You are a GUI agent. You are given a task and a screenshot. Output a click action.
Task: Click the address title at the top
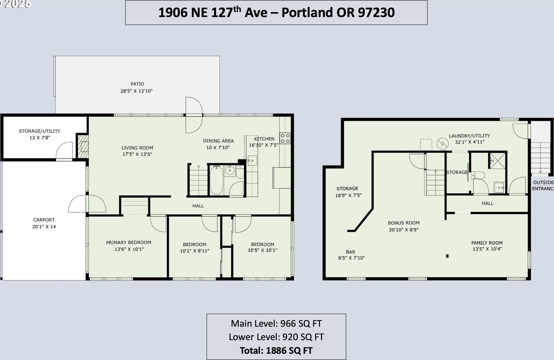point(276,13)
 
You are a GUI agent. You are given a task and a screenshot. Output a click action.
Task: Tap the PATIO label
point(137,84)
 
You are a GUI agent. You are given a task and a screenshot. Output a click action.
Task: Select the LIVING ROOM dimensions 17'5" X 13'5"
point(137,154)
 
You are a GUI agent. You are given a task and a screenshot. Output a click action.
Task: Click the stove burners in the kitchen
point(285,138)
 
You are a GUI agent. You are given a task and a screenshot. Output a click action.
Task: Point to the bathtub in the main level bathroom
point(216,180)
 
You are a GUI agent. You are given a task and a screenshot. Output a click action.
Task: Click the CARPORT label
point(44,220)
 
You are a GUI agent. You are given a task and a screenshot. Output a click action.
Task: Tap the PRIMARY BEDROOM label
point(129,242)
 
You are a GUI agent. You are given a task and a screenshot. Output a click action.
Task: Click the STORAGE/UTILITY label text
point(39,131)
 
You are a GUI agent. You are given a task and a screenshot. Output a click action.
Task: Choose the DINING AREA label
point(219,141)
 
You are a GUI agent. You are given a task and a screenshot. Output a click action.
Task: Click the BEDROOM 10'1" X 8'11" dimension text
point(195,251)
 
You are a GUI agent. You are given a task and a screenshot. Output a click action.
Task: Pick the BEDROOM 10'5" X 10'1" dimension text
point(262,250)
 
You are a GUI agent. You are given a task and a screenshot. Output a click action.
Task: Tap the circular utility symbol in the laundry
point(442,144)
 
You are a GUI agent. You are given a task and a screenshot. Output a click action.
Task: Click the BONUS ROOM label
point(404,223)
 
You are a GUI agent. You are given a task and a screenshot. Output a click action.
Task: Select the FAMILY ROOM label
point(487,243)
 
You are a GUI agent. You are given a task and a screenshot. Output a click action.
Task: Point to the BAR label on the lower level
point(350,252)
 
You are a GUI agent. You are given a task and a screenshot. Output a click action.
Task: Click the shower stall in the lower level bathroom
point(497,161)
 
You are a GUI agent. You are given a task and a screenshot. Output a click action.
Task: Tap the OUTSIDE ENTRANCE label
point(543,186)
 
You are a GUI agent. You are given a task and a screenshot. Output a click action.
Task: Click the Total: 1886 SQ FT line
point(276,350)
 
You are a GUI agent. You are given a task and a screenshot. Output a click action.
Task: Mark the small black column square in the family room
point(447,256)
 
